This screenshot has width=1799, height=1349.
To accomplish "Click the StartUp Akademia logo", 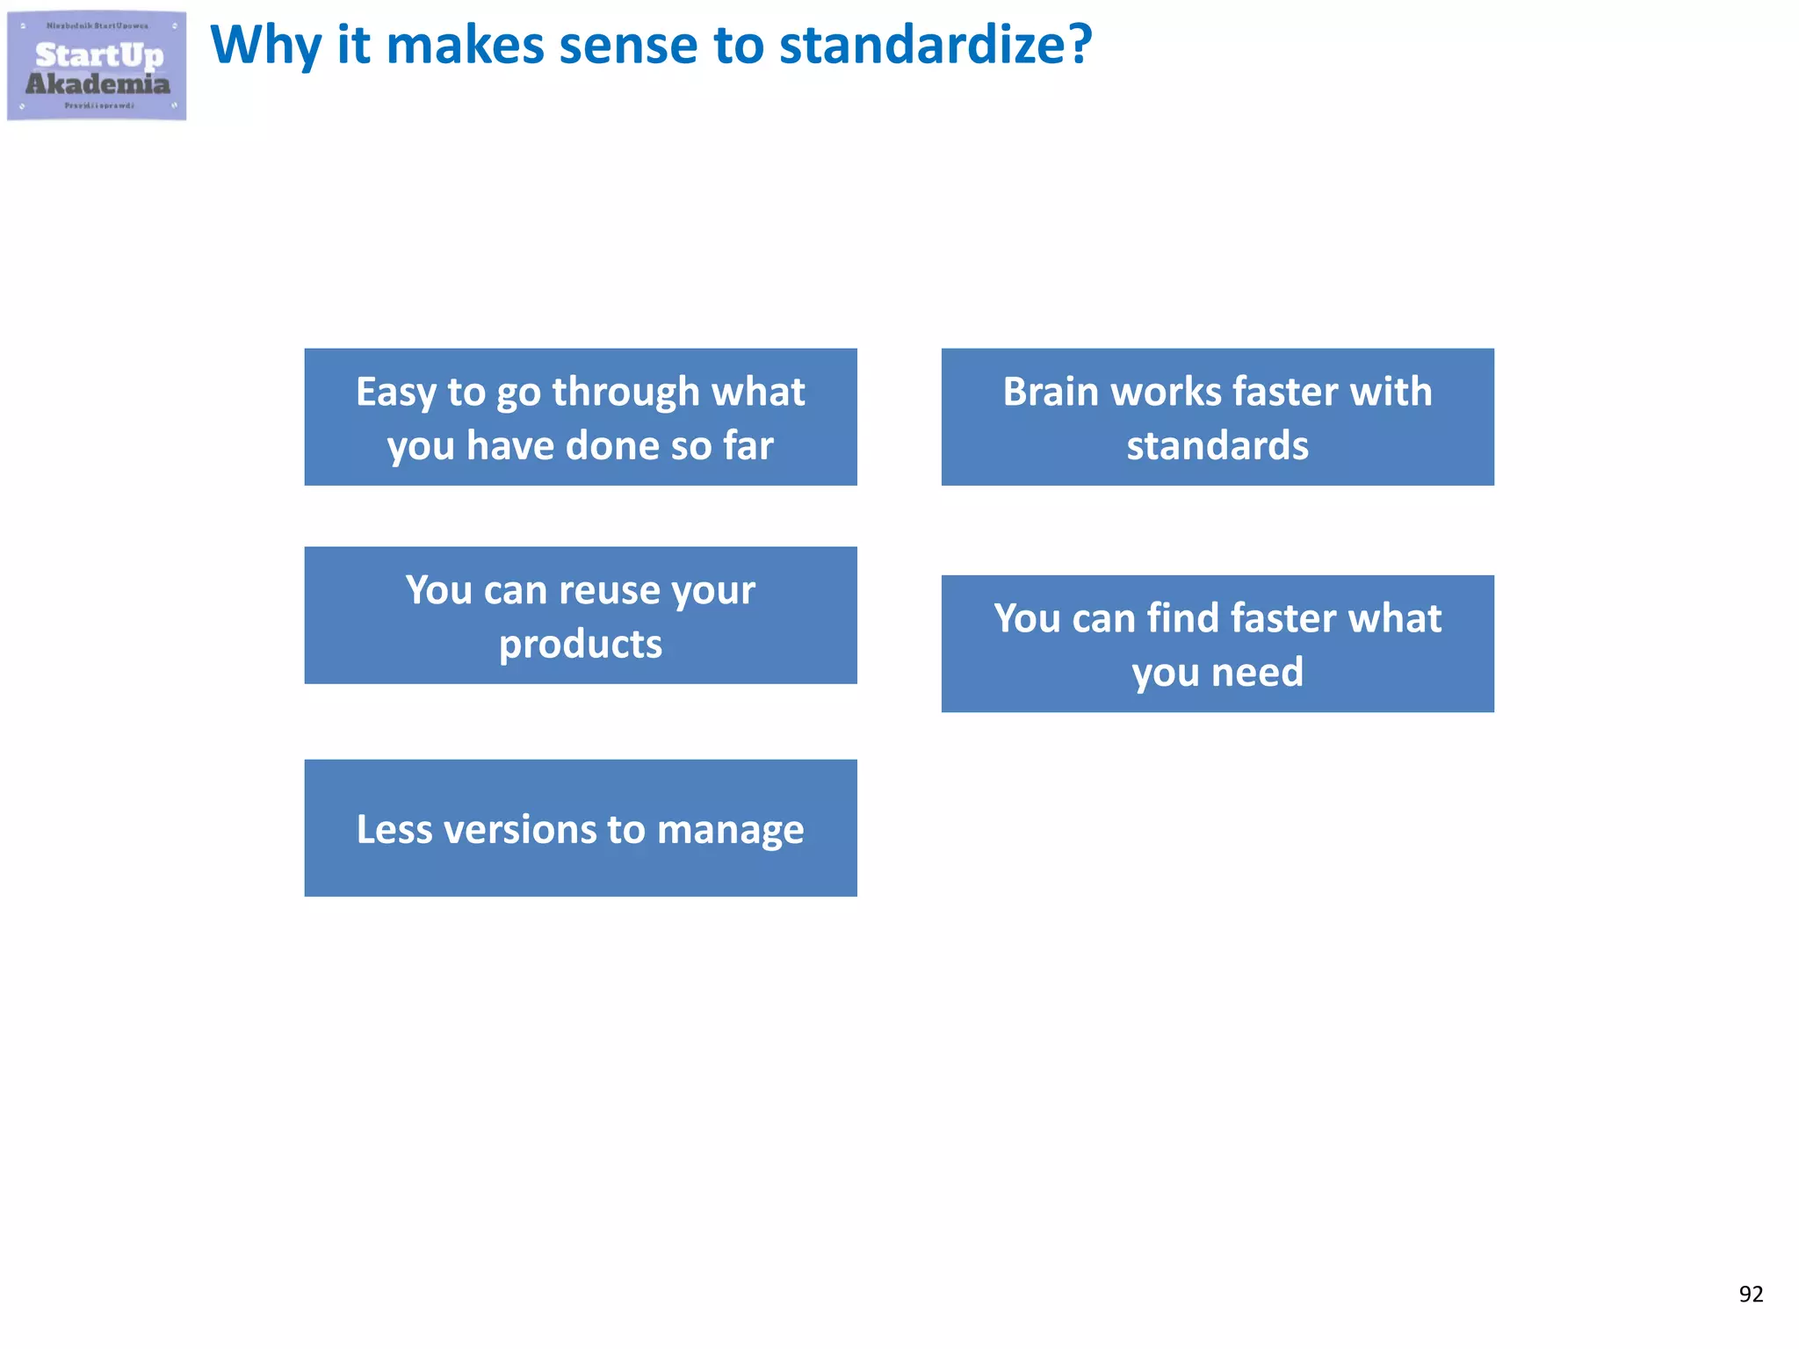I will pos(97,66).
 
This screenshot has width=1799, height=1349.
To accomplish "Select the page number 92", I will pos(1750,1294).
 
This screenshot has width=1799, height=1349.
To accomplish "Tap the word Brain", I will pos(1050,392).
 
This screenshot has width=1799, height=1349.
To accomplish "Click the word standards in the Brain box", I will pos(1217,445).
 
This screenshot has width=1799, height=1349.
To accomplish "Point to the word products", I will pos(580,645).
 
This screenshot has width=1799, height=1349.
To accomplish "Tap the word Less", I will pos(394,829).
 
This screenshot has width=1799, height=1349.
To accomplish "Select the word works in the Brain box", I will pos(1160,392).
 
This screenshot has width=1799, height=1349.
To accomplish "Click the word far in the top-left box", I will pos(748,445).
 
